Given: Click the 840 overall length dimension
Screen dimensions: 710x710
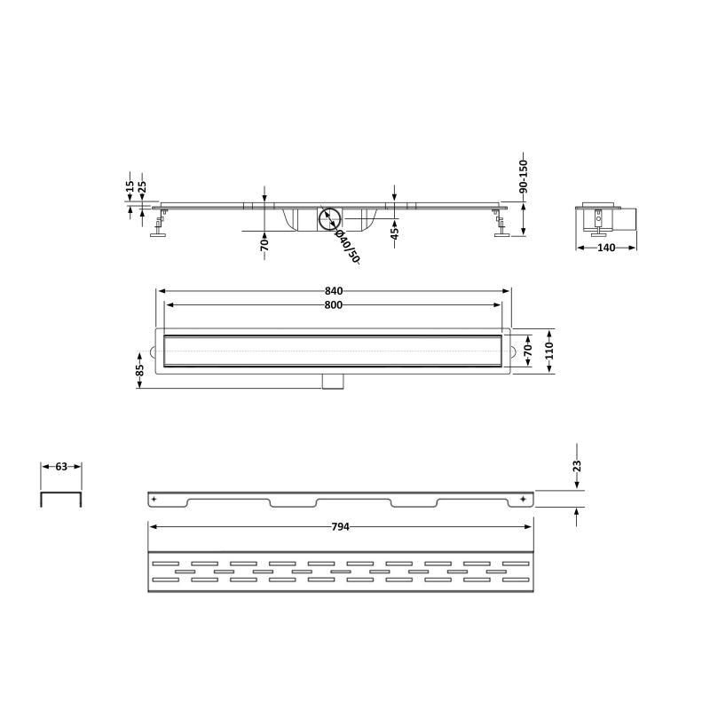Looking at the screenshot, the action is coord(334,291).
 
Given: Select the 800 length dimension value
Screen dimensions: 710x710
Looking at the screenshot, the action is coord(334,305).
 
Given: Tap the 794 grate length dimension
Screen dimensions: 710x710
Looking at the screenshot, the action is coord(340,526).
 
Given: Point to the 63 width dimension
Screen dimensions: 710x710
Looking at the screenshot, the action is coord(61,467).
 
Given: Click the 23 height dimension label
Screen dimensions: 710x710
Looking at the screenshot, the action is coord(577,466).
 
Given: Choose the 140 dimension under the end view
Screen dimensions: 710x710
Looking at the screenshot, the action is coord(606,248).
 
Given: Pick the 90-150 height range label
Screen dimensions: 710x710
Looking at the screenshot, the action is coord(524,176).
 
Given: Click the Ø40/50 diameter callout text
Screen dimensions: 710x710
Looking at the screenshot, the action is coord(347,247).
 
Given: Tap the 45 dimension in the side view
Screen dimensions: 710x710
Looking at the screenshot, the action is coord(395,233).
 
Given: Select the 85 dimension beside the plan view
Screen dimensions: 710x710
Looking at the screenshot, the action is coord(140,370).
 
